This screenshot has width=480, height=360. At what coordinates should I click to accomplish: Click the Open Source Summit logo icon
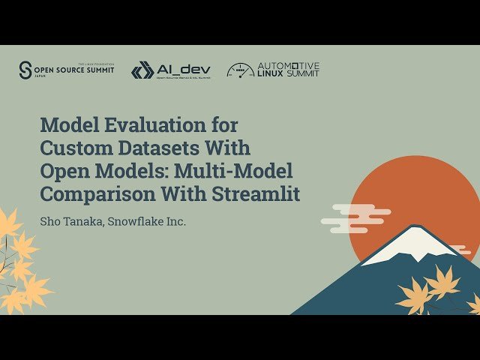point(26,70)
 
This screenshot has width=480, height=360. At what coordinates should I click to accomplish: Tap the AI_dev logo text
point(183,68)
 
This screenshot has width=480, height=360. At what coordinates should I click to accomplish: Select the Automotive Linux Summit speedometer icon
point(240,70)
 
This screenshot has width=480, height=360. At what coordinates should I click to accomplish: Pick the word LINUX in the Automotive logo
point(271,74)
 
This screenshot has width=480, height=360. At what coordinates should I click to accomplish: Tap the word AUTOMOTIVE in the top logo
point(289,66)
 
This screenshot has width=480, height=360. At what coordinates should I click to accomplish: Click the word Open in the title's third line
point(61,170)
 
